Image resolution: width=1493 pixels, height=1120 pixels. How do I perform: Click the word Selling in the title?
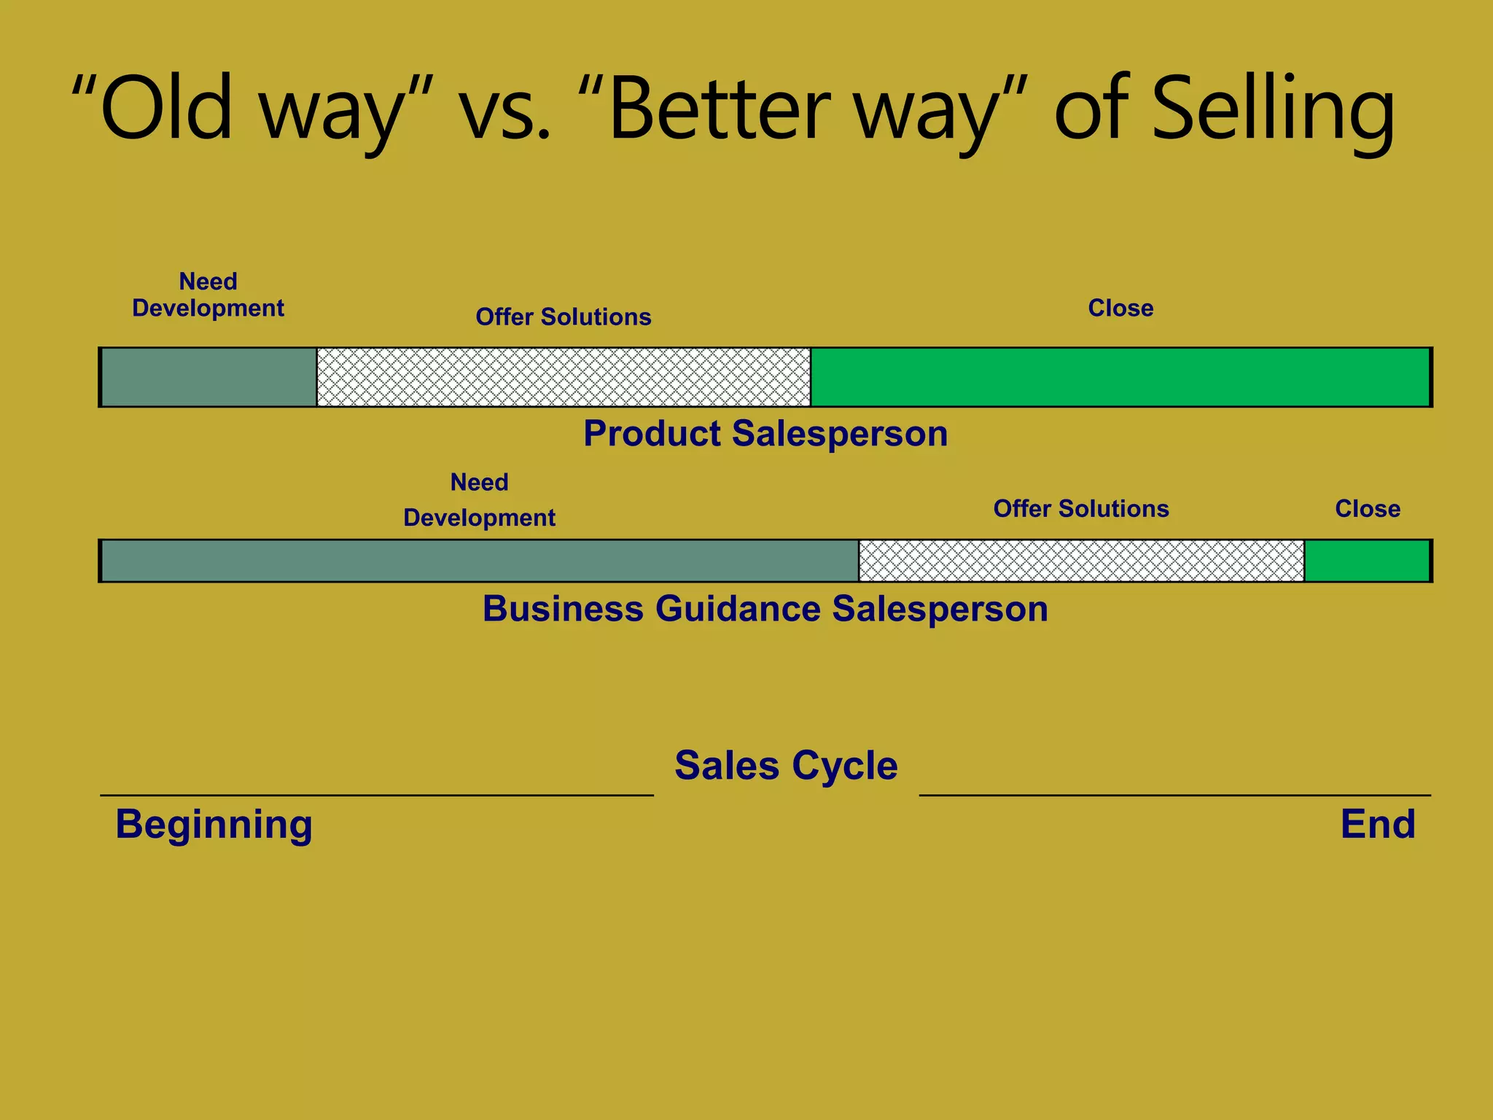tap(1272, 109)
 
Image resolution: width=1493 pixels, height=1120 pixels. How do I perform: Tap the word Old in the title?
tap(166, 109)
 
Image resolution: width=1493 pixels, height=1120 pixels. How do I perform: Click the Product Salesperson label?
tap(765, 434)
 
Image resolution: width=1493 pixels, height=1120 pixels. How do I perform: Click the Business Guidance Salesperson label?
tap(765, 609)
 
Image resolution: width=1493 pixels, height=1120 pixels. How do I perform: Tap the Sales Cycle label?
tap(786, 766)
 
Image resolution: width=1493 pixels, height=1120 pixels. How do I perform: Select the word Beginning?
tap(214, 825)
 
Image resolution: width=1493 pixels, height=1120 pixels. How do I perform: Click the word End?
tap(1378, 825)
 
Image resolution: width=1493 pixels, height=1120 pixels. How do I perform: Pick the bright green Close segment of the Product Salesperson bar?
tap(1120, 377)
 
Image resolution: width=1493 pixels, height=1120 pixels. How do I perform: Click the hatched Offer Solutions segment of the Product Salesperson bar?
tap(564, 377)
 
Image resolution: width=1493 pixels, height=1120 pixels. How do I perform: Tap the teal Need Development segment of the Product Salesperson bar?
tap(208, 377)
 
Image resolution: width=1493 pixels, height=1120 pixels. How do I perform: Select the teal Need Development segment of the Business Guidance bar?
tap(479, 561)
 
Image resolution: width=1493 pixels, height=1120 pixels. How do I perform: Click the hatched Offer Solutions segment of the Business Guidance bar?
tap(1081, 561)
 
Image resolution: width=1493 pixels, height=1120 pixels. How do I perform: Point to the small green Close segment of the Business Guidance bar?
tap(1367, 561)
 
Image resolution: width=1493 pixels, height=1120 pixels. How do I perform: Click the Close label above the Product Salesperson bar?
tap(1120, 308)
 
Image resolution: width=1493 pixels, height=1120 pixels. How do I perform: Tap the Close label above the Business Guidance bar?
tap(1368, 509)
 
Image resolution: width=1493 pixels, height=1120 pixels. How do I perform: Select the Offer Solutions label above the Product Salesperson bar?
tap(564, 317)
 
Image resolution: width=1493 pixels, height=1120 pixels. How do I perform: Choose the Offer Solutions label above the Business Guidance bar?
tap(1081, 509)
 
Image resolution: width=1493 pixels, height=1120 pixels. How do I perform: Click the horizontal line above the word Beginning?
tap(376, 795)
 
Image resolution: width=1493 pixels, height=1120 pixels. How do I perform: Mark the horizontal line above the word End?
tap(1174, 795)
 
